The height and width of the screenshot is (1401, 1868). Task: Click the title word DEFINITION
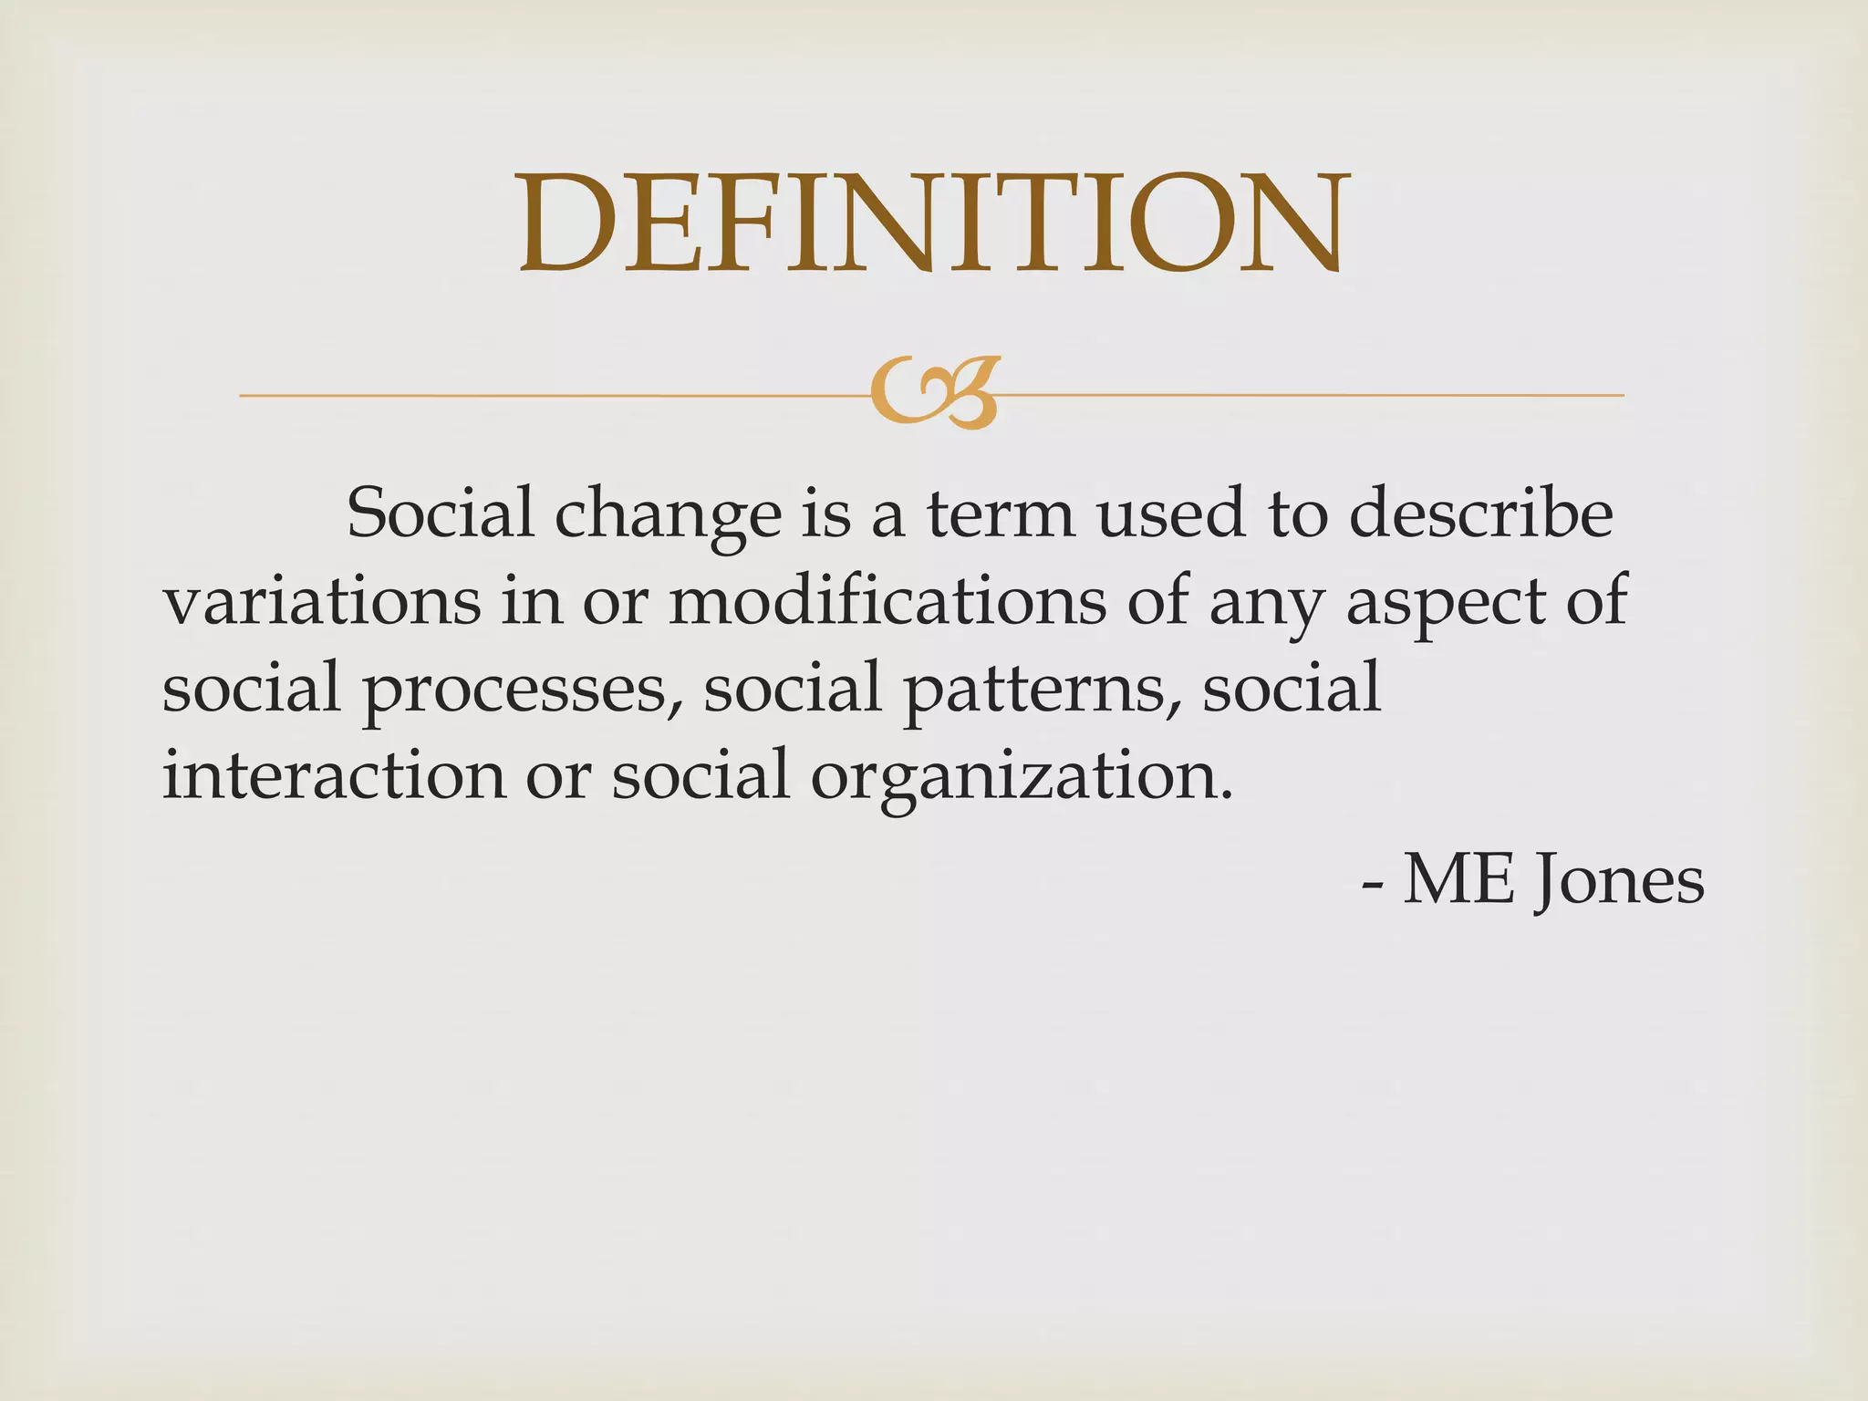pos(930,223)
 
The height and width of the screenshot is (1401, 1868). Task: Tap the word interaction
pos(333,775)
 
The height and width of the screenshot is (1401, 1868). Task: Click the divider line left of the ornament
pos(547,396)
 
